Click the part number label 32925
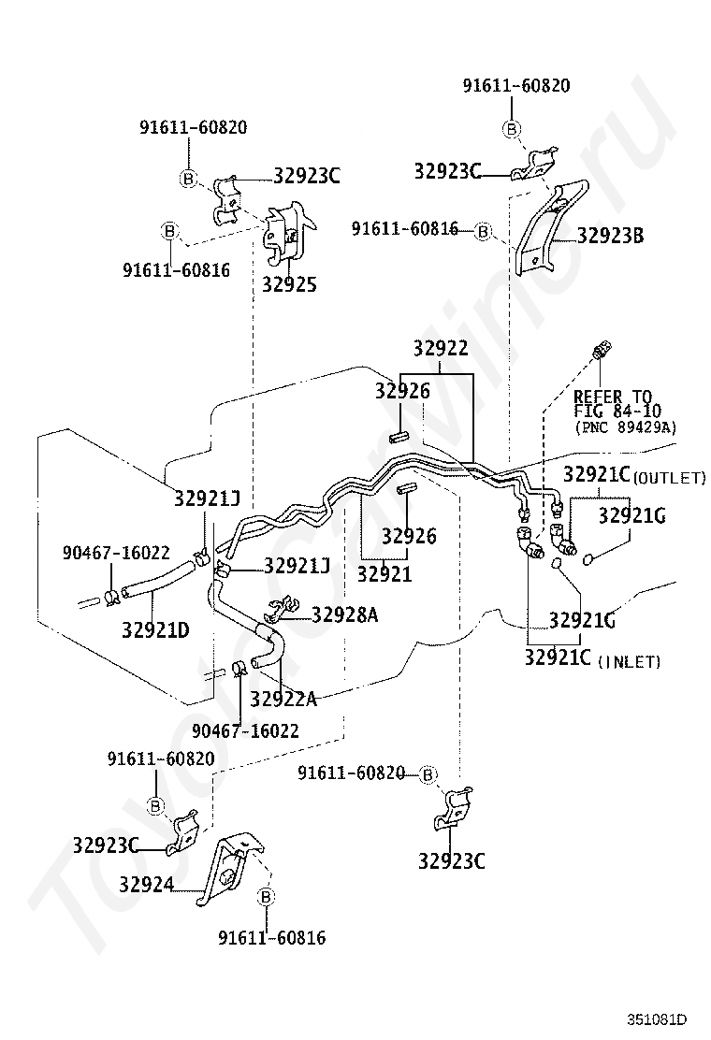(289, 284)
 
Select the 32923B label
(610, 236)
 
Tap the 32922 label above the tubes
(441, 348)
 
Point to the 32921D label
(155, 629)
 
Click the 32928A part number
(345, 614)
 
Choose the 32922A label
(283, 699)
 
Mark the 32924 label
(147, 884)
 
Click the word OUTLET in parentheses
(670, 478)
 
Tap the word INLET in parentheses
(631, 661)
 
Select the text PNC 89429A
(626, 427)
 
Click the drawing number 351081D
(658, 1019)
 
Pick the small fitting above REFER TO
(602, 349)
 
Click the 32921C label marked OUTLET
(596, 474)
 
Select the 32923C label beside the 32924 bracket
(106, 845)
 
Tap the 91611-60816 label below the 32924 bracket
(272, 937)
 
